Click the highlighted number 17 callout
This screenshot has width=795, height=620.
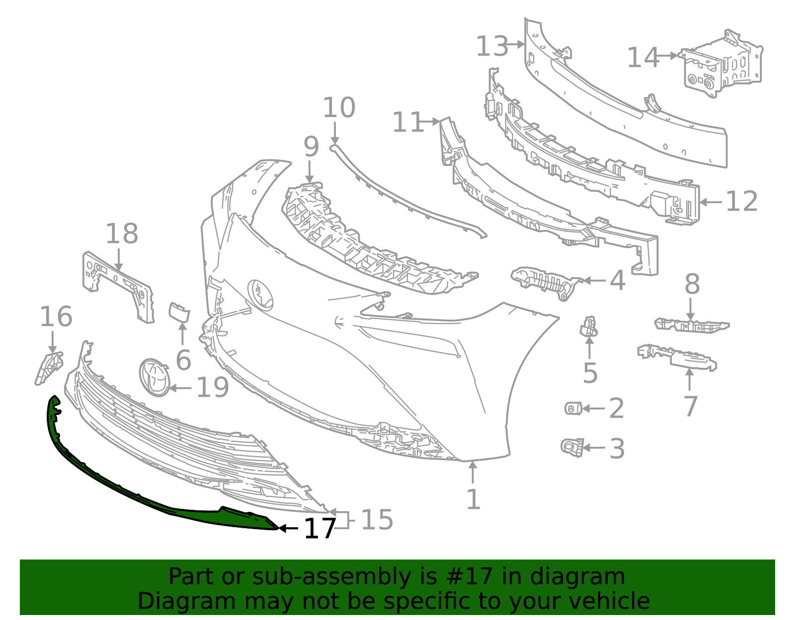point(320,529)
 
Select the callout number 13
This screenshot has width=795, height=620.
point(492,47)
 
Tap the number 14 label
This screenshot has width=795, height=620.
point(643,58)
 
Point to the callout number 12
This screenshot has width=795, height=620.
point(741,202)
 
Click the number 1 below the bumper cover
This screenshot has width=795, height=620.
point(474,499)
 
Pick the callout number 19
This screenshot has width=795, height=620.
point(213,388)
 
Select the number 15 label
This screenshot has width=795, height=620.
point(377,520)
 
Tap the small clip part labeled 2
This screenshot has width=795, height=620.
point(573,408)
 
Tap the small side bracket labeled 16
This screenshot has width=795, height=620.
point(49,367)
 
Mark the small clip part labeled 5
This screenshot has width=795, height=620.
point(589,326)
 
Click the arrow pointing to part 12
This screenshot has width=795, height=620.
point(711,202)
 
